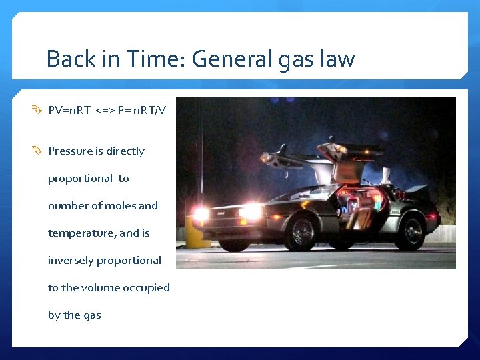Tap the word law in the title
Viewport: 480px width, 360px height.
pyautogui.click(x=337, y=59)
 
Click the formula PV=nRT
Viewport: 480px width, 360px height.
pyautogui.click(x=69, y=110)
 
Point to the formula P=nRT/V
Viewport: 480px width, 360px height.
pyautogui.click(x=141, y=110)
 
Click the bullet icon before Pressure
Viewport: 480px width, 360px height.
pyautogui.click(x=39, y=151)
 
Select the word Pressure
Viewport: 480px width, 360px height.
pyautogui.click(x=70, y=151)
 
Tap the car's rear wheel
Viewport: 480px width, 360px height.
pyautogui.click(x=411, y=231)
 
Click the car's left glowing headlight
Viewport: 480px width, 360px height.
pyautogui.click(x=201, y=213)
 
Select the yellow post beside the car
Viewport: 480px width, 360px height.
pyautogui.click(x=193, y=233)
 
